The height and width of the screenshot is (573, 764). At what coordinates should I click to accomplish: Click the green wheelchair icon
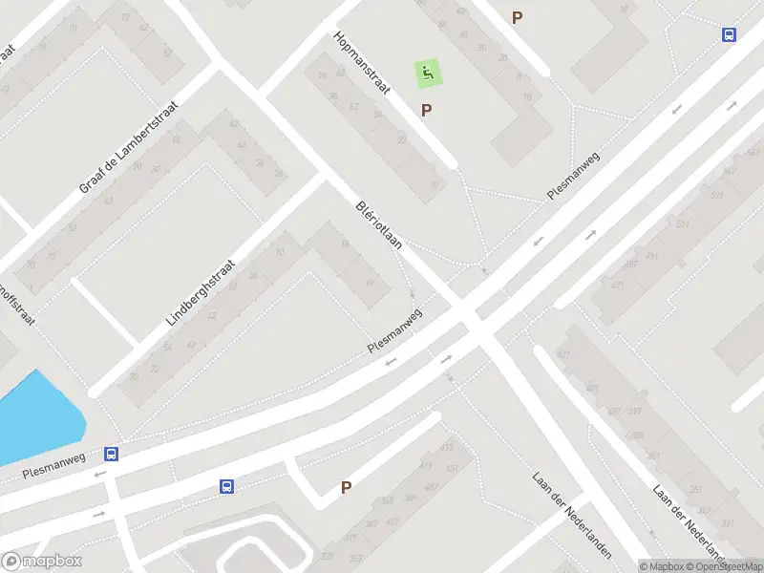pyautogui.click(x=427, y=72)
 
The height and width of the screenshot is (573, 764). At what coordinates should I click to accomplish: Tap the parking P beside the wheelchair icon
pyautogui.click(x=426, y=110)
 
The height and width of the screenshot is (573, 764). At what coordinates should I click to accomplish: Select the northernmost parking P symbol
pyautogui.click(x=518, y=17)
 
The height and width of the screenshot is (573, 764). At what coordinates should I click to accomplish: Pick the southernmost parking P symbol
pyautogui.click(x=346, y=487)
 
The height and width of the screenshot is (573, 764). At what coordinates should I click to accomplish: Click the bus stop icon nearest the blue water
pyautogui.click(x=112, y=455)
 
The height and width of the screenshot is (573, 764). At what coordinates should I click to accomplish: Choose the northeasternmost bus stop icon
pyautogui.click(x=729, y=34)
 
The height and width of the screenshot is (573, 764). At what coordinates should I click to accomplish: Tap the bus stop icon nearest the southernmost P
pyautogui.click(x=227, y=486)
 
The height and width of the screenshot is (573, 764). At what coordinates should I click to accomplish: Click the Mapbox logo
pyautogui.click(x=42, y=562)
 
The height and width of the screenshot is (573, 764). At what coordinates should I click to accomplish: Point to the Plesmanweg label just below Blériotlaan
pyautogui.click(x=394, y=331)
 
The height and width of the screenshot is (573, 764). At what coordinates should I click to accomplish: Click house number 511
pyautogui.click(x=682, y=224)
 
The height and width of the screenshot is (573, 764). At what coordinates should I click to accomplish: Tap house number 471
pyautogui.click(x=618, y=286)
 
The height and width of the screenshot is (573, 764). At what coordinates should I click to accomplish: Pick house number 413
pyautogui.click(x=445, y=447)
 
